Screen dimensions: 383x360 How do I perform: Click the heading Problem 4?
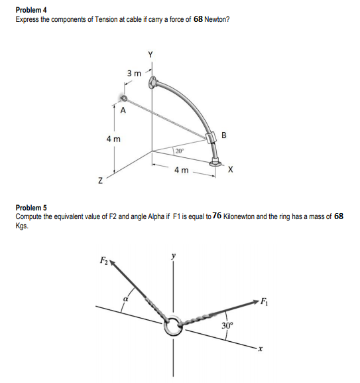point(31,9)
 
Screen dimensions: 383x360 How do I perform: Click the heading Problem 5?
point(31,208)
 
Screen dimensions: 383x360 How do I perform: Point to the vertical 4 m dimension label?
point(113,139)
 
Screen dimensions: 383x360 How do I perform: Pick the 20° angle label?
point(180,151)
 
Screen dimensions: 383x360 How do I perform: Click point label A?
point(123,111)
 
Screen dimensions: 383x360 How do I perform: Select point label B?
point(223,135)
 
